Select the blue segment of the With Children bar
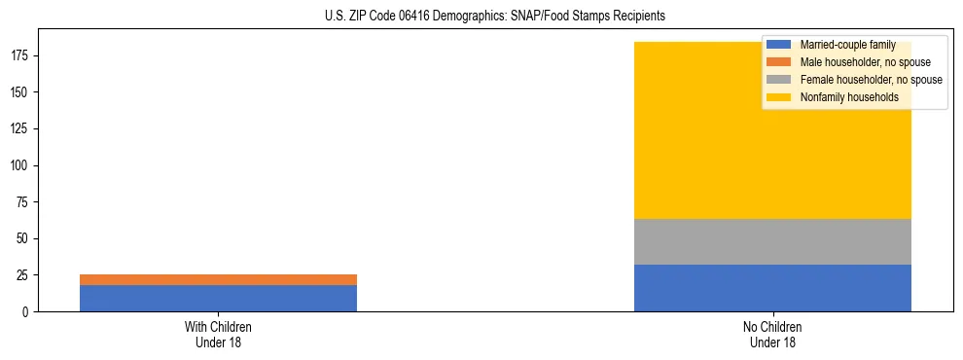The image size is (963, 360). [x=218, y=298]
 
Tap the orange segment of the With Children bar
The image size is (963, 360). [x=218, y=279]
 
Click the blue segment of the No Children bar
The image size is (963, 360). [x=772, y=288]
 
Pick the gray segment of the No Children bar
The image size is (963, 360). [x=772, y=241]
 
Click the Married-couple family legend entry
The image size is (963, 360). [x=847, y=45]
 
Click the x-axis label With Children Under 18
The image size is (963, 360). [x=218, y=334]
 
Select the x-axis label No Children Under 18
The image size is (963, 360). [x=772, y=334]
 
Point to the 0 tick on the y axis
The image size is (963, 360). [x=28, y=311]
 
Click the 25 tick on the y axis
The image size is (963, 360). [x=25, y=275]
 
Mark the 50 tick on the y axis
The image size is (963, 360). [x=25, y=238]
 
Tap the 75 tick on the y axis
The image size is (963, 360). [x=25, y=202]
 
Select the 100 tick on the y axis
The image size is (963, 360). [x=22, y=165]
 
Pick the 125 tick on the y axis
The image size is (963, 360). [x=22, y=128]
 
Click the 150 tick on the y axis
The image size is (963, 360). [x=22, y=92]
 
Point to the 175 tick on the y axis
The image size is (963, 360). [x=22, y=55]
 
